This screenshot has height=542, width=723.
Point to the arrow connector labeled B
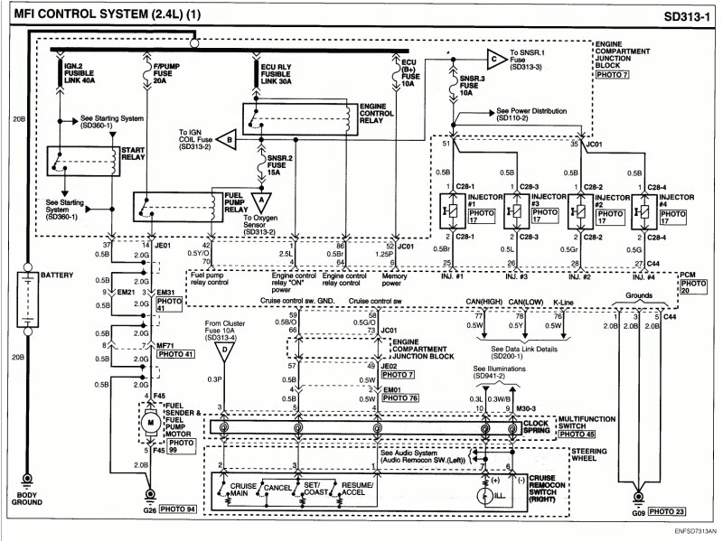coord(229,139)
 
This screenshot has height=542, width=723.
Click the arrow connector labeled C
coord(495,61)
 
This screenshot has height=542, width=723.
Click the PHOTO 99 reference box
coord(180,444)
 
